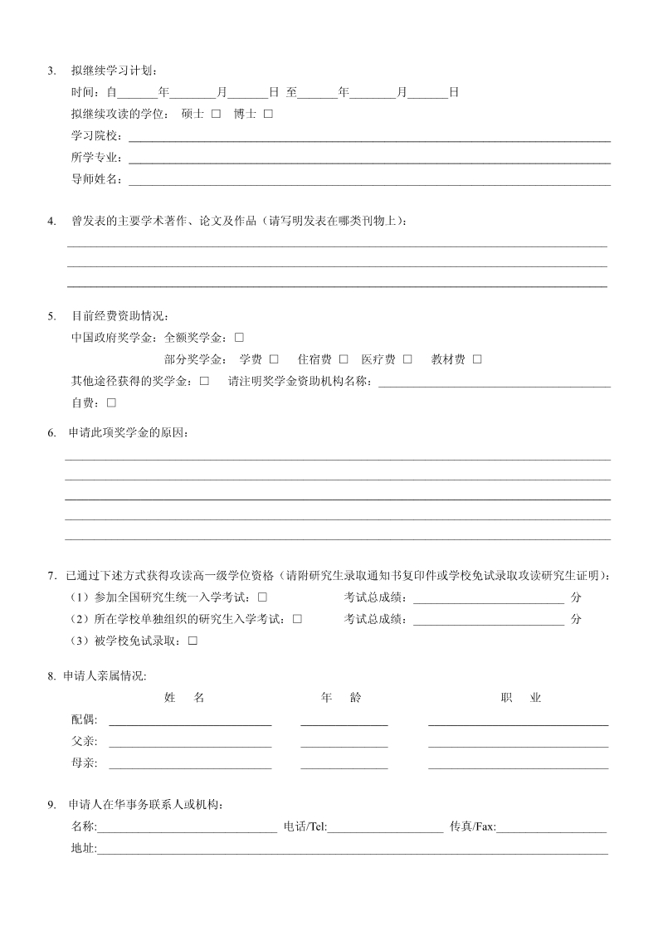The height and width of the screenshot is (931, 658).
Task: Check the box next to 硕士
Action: click(216, 114)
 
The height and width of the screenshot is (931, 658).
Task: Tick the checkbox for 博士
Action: click(268, 114)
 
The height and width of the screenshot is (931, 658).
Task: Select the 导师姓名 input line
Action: click(368, 178)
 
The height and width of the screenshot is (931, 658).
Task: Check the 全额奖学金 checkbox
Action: click(239, 338)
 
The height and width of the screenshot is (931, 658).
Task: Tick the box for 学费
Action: click(274, 359)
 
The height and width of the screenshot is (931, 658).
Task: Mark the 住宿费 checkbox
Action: click(344, 359)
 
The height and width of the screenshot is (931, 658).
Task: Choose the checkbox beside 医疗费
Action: click(407, 359)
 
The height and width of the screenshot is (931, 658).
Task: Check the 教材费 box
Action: click(477, 359)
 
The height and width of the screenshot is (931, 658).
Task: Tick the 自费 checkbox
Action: click(111, 402)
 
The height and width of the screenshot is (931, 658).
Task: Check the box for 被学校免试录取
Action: click(193, 641)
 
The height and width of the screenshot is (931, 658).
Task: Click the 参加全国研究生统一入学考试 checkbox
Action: click(262, 597)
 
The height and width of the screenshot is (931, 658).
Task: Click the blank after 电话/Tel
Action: click(385, 827)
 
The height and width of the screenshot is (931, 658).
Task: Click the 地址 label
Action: click(84, 849)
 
